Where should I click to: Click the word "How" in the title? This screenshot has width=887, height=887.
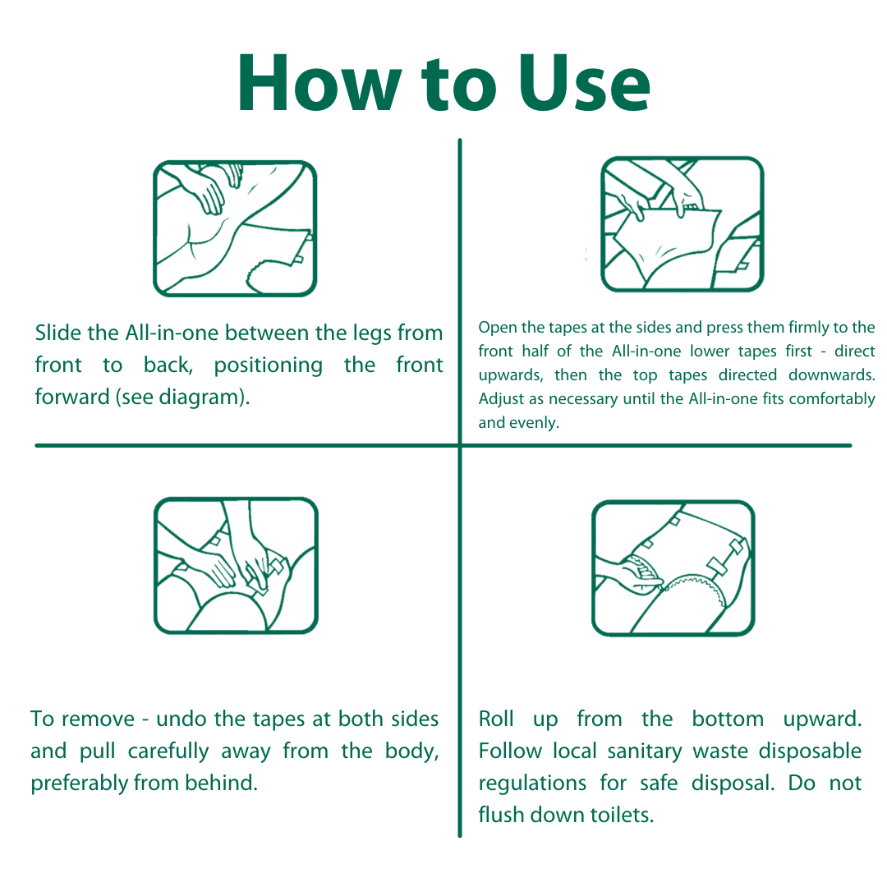tap(319, 83)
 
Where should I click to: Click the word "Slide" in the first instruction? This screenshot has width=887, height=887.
tap(59, 333)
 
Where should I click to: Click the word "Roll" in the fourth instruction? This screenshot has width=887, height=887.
tap(496, 719)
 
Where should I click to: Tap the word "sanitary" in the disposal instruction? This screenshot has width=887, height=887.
tap(645, 751)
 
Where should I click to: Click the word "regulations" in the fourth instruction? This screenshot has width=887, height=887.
tap(532, 784)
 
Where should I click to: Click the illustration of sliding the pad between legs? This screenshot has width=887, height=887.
tap(235, 228)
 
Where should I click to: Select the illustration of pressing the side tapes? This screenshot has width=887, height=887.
tap(682, 224)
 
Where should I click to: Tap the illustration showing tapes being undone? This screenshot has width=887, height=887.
tap(236, 566)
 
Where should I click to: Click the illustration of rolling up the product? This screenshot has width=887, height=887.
tap(673, 568)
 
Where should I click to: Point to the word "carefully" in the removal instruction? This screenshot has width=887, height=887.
tap(168, 751)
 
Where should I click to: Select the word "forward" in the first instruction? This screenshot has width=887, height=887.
tap(72, 397)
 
